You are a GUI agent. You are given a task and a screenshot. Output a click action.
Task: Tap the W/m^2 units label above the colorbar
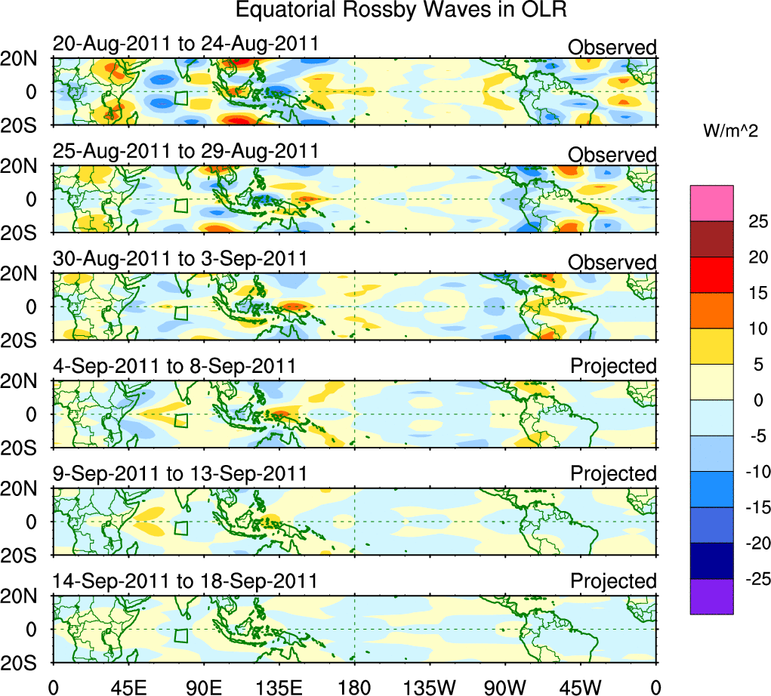(x=730, y=131)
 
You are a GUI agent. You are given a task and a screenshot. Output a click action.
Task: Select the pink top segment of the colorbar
(x=711, y=203)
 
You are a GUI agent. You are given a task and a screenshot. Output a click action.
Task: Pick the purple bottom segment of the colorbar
(x=711, y=596)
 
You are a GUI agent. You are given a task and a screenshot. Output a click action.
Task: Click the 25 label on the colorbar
(x=755, y=221)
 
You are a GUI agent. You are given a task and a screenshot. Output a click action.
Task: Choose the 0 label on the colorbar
(x=755, y=400)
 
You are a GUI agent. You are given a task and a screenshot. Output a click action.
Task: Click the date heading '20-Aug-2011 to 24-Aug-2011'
(x=186, y=44)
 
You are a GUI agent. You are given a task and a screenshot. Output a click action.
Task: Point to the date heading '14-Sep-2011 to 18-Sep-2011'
(x=186, y=581)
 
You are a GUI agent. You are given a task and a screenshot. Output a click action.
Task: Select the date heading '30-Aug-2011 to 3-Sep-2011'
(x=180, y=258)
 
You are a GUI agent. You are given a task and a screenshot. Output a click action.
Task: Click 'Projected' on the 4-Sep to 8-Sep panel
(x=613, y=366)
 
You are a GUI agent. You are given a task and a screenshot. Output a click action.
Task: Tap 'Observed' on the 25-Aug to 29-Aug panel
(x=612, y=155)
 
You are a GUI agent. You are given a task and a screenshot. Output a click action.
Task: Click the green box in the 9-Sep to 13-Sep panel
(x=180, y=528)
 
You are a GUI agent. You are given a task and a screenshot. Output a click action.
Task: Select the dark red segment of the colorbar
(x=711, y=239)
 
